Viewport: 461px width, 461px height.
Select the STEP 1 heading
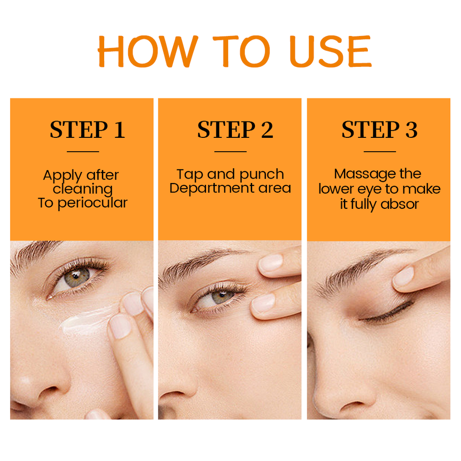pos(87,129)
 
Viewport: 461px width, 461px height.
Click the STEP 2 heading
pos(235,129)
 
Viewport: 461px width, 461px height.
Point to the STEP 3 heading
pos(379,129)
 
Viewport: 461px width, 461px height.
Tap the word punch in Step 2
pos(262,175)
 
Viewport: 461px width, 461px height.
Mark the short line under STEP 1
pos(83,152)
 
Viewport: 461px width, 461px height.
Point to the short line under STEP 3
pos(379,152)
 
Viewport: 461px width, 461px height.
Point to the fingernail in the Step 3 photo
pos(403,277)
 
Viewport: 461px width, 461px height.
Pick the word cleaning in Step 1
pos(83,189)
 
